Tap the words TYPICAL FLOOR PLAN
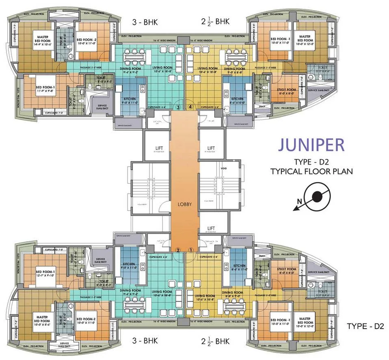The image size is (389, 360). (x=311, y=171)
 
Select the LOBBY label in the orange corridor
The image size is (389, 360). (x=184, y=204)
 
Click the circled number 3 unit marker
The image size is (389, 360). (x=178, y=107)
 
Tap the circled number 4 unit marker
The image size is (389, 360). (x=191, y=107)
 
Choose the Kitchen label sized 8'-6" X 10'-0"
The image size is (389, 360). (x=238, y=101)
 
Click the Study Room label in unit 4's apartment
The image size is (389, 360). (x=287, y=91)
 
